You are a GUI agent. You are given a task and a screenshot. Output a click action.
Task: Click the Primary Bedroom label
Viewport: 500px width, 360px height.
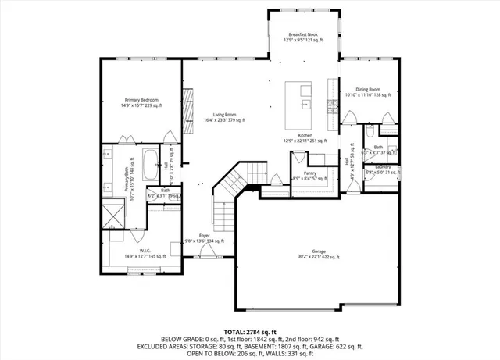coord(141,100)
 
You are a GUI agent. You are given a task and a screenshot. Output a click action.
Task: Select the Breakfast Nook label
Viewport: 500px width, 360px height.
coord(304,35)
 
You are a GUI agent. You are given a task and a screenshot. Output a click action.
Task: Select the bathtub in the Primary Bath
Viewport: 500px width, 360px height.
coord(151,160)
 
